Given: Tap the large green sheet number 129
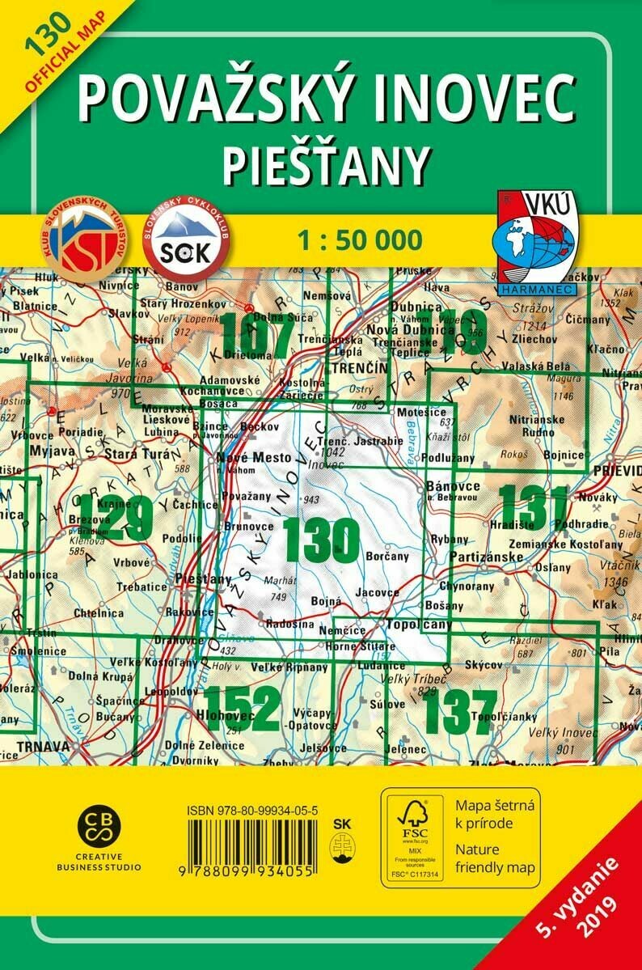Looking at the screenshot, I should [x=115, y=520].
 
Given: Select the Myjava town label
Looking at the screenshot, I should [x=46, y=449].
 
